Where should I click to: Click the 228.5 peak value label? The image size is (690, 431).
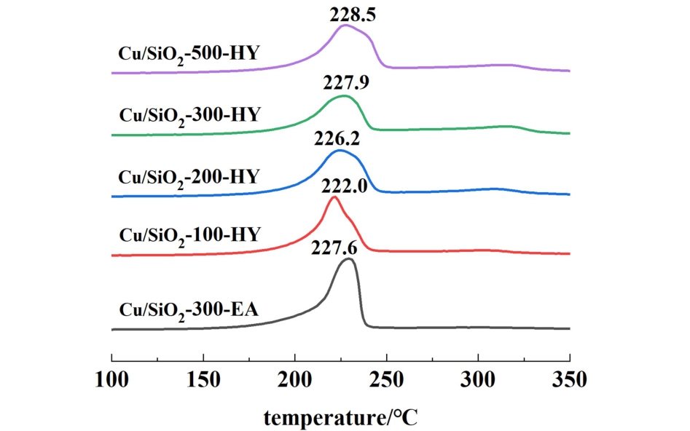[x=352, y=14]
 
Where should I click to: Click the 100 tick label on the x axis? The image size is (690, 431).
[x=111, y=379]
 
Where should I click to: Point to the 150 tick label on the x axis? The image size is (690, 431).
[x=203, y=379]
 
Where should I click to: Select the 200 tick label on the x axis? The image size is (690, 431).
[x=295, y=379]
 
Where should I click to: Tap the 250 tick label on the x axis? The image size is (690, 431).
[x=386, y=379]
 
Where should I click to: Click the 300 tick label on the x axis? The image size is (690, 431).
[x=478, y=379]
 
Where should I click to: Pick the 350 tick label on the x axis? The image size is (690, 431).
[x=569, y=379]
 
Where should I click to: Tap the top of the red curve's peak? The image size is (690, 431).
[x=334, y=197]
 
